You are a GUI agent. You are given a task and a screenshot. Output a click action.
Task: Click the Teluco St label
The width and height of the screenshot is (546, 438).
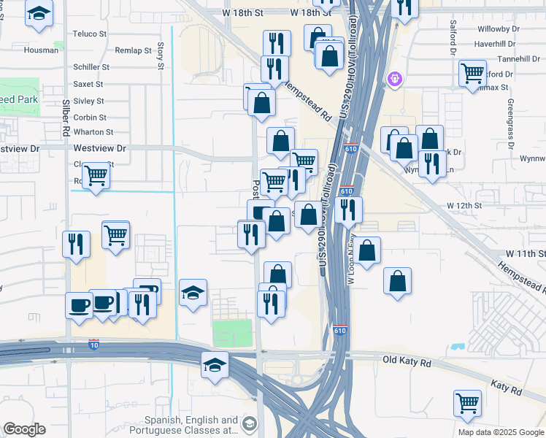point(90,34)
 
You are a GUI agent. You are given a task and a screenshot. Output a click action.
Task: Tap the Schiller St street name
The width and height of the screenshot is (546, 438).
point(91,67)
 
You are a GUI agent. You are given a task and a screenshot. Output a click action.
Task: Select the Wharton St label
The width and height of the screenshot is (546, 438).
point(93,132)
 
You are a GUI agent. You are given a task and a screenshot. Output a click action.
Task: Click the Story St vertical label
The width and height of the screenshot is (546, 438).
point(160,57)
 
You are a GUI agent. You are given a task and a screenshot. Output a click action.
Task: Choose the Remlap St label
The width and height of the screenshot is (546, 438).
point(132,50)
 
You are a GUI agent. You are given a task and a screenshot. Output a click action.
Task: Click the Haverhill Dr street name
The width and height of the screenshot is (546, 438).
point(496,44)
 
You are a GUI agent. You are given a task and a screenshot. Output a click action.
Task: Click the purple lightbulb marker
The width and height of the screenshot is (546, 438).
point(396,77)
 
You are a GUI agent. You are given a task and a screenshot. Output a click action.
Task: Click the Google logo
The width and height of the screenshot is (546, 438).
point(24,429)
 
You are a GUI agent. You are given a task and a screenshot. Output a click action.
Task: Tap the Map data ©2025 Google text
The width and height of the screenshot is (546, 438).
point(500,431)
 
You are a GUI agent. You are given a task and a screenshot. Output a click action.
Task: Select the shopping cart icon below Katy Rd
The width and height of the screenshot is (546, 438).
point(467,401)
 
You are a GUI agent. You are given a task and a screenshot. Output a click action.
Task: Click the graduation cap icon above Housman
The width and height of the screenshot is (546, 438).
point(39,13)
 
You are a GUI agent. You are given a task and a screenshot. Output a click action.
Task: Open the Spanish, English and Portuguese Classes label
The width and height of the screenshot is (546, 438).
point(191,426)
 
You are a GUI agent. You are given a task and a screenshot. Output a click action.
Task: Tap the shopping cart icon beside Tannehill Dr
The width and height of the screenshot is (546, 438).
point(472,72)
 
